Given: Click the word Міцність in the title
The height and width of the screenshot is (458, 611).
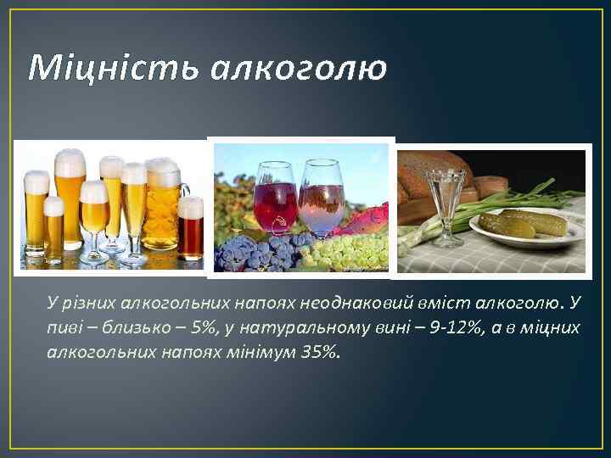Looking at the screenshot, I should point(108,66).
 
